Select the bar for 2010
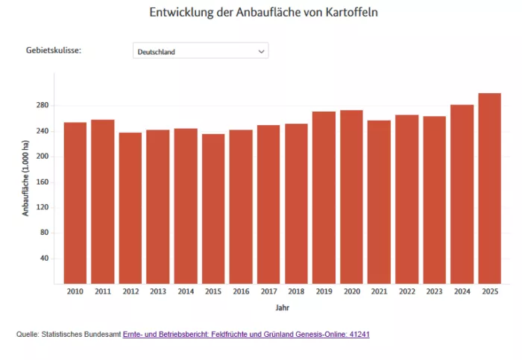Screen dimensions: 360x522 [75, 203]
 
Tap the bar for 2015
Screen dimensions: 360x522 [213, 209]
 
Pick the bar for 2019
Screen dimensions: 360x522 [324, 198]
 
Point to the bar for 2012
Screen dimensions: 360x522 [130, 208]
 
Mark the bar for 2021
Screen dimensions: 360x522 [379, 202]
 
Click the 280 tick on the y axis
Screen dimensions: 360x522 [42, 106]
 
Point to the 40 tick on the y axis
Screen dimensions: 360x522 [44, 259]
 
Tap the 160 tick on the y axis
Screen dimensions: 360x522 [42, 182]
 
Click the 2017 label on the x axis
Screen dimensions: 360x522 [268, 291]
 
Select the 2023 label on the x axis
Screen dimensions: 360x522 [434, 291]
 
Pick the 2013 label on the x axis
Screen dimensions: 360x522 [158, 291]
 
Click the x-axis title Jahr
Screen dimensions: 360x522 [282, 307]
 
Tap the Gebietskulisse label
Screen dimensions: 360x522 [54, 51]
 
